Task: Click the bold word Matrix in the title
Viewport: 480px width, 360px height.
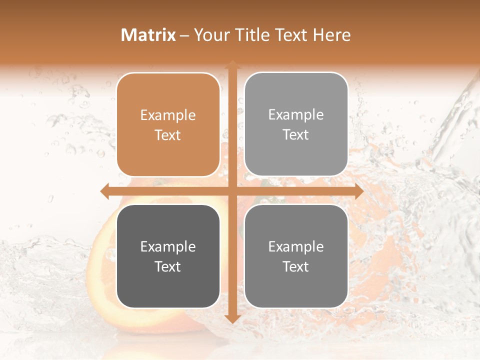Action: pyautogui.click(x=148, y=35)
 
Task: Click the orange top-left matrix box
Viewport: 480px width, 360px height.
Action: pyautogui.click(x=168, y=124)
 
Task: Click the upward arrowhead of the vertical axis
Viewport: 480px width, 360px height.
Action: pyautogui.click(x=232, y=64)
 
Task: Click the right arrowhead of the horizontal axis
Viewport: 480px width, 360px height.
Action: pyautogui.click(x=359, y=191)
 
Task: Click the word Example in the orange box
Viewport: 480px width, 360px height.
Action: pyautogui.click(x=168, y=115)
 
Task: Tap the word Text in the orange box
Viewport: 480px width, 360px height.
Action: pyautogui.click(x=168, y=135)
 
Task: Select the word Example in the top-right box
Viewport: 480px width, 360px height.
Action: pyautogui.click(x=296, y=115)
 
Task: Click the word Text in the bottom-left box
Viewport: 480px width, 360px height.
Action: pyautogui.click(x=168, y=267)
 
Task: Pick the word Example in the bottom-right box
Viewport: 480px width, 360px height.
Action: pyautogui.click(x=296, y=247)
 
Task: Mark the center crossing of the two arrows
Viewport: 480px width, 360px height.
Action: pyautogui.click(x=232, y=191)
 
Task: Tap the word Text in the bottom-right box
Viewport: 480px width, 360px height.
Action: pyautogui.click(x=296, y=267)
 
